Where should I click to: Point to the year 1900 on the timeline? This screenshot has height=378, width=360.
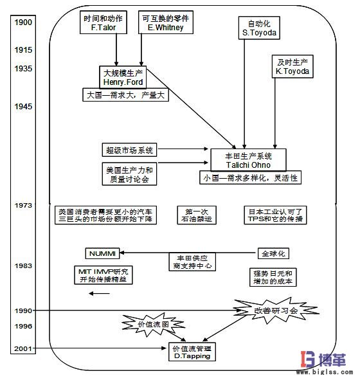(x=23, y=22)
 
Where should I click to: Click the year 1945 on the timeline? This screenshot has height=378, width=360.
(x=23, y=106)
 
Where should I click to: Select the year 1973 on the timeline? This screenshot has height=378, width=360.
(x=23, y=205)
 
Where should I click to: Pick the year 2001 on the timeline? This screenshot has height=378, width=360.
(x=23, y=348)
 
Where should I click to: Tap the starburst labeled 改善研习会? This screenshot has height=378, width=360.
(x=266, y=309)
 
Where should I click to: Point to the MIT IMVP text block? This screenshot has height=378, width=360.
(x=100, y=276)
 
